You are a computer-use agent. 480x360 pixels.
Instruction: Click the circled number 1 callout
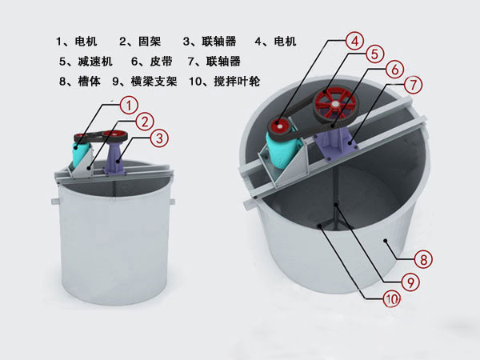point(129,106)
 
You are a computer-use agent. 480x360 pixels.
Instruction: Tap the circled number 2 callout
point(144,122)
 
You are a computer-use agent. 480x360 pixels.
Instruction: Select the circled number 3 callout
point(159,138)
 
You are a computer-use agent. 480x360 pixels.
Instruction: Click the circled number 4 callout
point(354,41)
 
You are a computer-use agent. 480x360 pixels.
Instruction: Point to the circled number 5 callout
point(374,54)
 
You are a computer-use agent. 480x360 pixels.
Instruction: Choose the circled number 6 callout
point(395,70)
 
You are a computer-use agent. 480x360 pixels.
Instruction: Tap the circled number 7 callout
point(413,85)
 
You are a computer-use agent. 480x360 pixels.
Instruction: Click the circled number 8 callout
point(423,259)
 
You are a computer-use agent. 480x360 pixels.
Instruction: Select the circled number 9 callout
point(410,282)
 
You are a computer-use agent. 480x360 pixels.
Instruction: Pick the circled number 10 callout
point(392,298)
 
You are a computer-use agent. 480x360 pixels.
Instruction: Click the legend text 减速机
point(95,62)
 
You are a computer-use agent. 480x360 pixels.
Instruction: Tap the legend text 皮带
point(161,62)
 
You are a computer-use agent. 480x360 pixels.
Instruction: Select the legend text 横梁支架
point(154,82)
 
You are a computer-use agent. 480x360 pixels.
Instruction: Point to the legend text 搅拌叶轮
point(237,82)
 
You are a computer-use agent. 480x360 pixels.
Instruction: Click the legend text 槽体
point(89,82)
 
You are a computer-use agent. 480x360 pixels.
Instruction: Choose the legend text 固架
point(150,42)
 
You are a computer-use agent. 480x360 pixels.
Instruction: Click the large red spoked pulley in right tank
point(335,105)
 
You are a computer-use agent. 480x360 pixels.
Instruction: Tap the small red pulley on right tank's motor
point(280,126)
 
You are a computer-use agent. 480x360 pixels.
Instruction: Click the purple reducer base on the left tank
point(116,159)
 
